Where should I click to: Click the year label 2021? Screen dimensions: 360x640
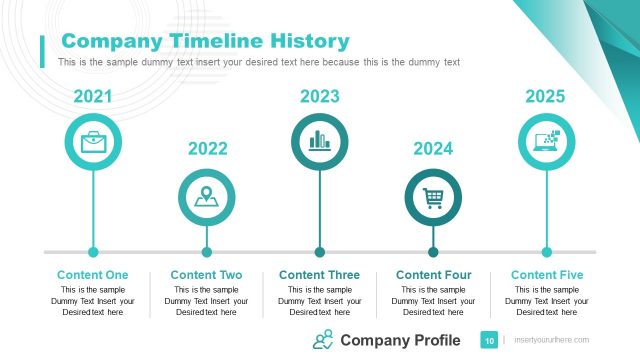tap(93, 97)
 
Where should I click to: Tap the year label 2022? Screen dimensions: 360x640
tap(207, 149)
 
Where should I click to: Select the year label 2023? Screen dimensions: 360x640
tap(320, 97)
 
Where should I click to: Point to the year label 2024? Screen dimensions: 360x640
tap(433, 149)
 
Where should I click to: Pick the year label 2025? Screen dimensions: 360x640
tap(546, 97)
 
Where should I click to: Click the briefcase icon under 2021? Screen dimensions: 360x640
tap(93, 141)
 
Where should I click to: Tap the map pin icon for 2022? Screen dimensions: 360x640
tap(207, 197)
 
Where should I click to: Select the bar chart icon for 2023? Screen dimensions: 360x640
tap(320, 141)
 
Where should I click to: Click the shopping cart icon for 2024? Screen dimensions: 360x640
tap(433, 197)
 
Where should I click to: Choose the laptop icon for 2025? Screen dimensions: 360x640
tap(546, 141)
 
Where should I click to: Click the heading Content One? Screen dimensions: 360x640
tap(93, 275)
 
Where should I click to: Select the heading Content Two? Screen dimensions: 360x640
tap(207, 275)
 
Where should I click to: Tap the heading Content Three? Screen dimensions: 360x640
tap(320, 275)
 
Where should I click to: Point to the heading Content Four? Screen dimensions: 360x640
tap(433, 275)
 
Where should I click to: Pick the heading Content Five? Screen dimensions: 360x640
tap(546, 275)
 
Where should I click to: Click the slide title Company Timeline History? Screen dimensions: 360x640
tap(205, 41)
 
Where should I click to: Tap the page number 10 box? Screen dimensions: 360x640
tap(490, 341)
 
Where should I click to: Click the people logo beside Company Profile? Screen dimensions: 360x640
tap(323, 340)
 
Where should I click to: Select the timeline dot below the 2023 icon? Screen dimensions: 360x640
tap(320, 252)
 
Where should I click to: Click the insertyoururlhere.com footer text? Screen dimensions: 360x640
tap(551, 341)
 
